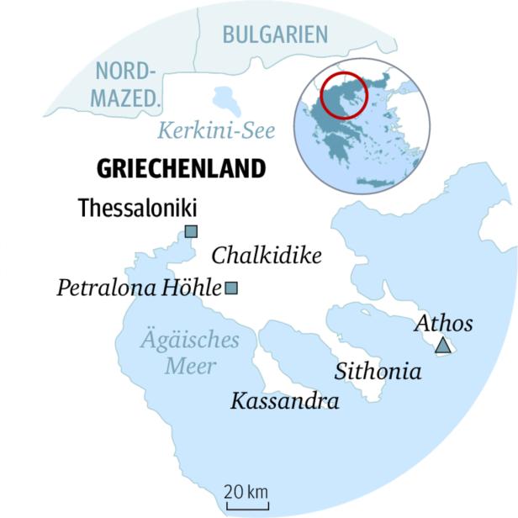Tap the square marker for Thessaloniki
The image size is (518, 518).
point(191,232)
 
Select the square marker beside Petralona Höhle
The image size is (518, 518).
point(232,288)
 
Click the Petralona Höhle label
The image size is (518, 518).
point(139,288)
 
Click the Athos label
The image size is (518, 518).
point(444,324)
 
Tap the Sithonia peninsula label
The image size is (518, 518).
point(378,371)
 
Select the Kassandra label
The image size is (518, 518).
point(284,401)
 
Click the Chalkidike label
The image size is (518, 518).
point(267,255)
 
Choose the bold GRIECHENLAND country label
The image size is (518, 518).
point(182,168)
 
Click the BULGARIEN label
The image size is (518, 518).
point(274,34)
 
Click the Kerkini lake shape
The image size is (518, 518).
point(226,102)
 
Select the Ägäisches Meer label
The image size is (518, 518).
point(189,353)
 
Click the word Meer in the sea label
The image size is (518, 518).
point(189,366)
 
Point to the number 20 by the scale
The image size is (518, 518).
point(234,490)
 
